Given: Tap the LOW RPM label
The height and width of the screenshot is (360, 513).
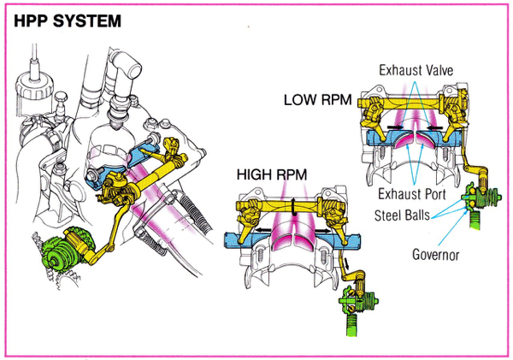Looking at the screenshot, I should [x=316, y=100].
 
